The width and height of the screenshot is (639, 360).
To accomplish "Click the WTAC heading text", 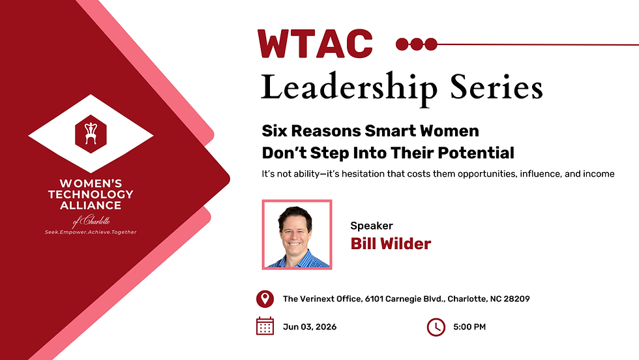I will click(315, 44).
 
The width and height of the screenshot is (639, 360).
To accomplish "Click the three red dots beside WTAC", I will click(417, 44).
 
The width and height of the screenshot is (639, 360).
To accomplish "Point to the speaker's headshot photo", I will click(297, 234).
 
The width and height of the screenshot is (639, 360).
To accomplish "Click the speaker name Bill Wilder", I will click(391, 244).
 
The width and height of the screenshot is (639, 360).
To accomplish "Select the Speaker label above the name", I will click(372, 226).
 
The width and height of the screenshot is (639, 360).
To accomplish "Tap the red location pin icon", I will click(264, 299).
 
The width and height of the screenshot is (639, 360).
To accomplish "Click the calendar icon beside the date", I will click(265, 326).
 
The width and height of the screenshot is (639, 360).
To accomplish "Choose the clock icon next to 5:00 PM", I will click(436, 327).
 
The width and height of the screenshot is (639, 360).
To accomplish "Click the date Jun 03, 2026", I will click(310, 327).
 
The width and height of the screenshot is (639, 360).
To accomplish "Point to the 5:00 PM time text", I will click(469, 327).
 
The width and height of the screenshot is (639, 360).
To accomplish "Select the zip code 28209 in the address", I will click(515, 299).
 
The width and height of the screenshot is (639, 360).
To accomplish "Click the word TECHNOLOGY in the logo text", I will click(91, 194).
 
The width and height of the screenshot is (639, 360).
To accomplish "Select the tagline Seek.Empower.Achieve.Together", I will click(91, 232).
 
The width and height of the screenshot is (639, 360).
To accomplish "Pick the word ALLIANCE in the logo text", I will click(91, 205).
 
